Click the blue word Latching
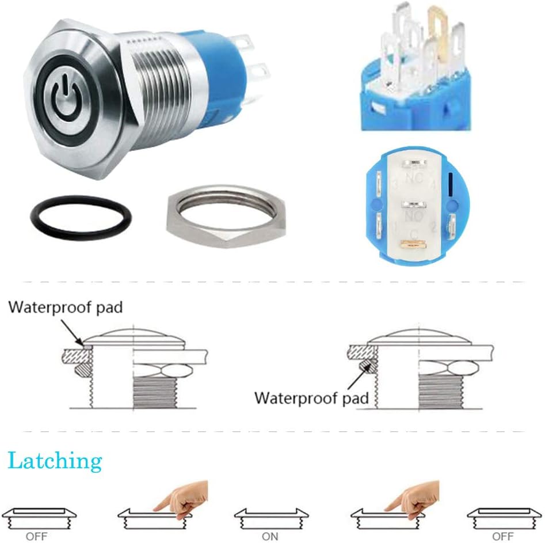[x=55, y=461]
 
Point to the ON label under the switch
[x=269, y=536]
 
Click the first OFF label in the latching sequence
[x=36, y=536]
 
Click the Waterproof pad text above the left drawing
[x=65, y=307]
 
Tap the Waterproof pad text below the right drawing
[x=311, y=397]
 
